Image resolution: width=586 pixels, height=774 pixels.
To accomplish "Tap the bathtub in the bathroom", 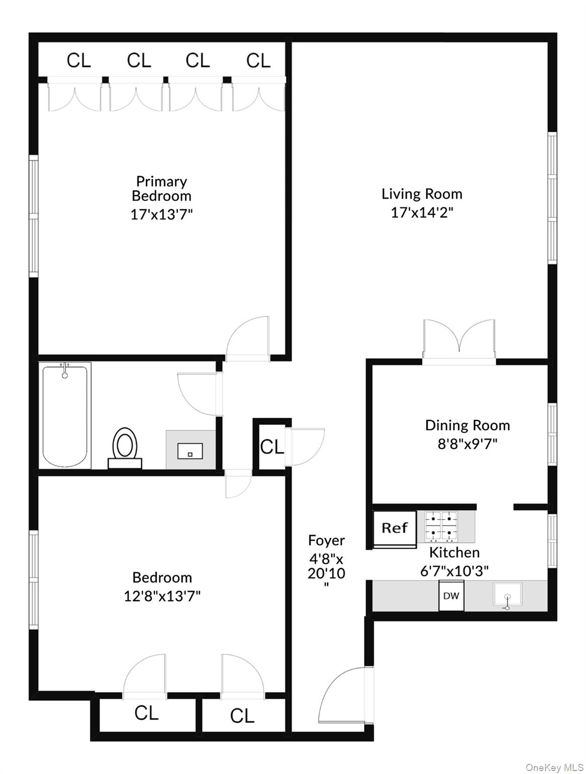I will [x=65, y=416].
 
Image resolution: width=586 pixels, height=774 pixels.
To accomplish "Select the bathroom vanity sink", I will [x=190, y=450].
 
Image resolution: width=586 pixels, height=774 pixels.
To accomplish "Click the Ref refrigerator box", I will [x=395, y=528].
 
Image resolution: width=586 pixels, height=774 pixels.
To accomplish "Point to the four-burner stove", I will [x=441, y=526].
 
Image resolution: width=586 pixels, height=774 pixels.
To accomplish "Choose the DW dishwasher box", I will [x=451, y=596].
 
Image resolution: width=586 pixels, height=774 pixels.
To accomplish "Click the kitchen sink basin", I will [x=507, y=596].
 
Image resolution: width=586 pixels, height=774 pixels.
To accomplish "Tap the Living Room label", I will [x=422, y=194].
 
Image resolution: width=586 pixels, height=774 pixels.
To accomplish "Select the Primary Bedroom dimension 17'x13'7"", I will [x=162, y=215].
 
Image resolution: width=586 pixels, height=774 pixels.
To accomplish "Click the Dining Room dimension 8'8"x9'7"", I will [x=468, y=444].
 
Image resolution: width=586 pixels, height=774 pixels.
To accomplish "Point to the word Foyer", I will [x=326, y=541].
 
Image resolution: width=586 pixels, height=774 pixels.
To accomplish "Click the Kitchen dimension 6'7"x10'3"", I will [x=455, y=570].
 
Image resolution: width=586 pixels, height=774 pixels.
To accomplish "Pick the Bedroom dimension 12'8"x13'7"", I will [x=162, y=596].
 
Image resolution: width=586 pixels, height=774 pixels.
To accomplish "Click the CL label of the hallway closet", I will [x=272, y=446].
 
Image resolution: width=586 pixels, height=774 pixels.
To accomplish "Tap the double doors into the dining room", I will [x=459, y=340].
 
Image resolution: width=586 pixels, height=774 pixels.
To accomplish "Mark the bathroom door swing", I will [x=198, y=394].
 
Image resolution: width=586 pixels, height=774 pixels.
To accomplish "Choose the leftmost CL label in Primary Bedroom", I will [x=79, y=61].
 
